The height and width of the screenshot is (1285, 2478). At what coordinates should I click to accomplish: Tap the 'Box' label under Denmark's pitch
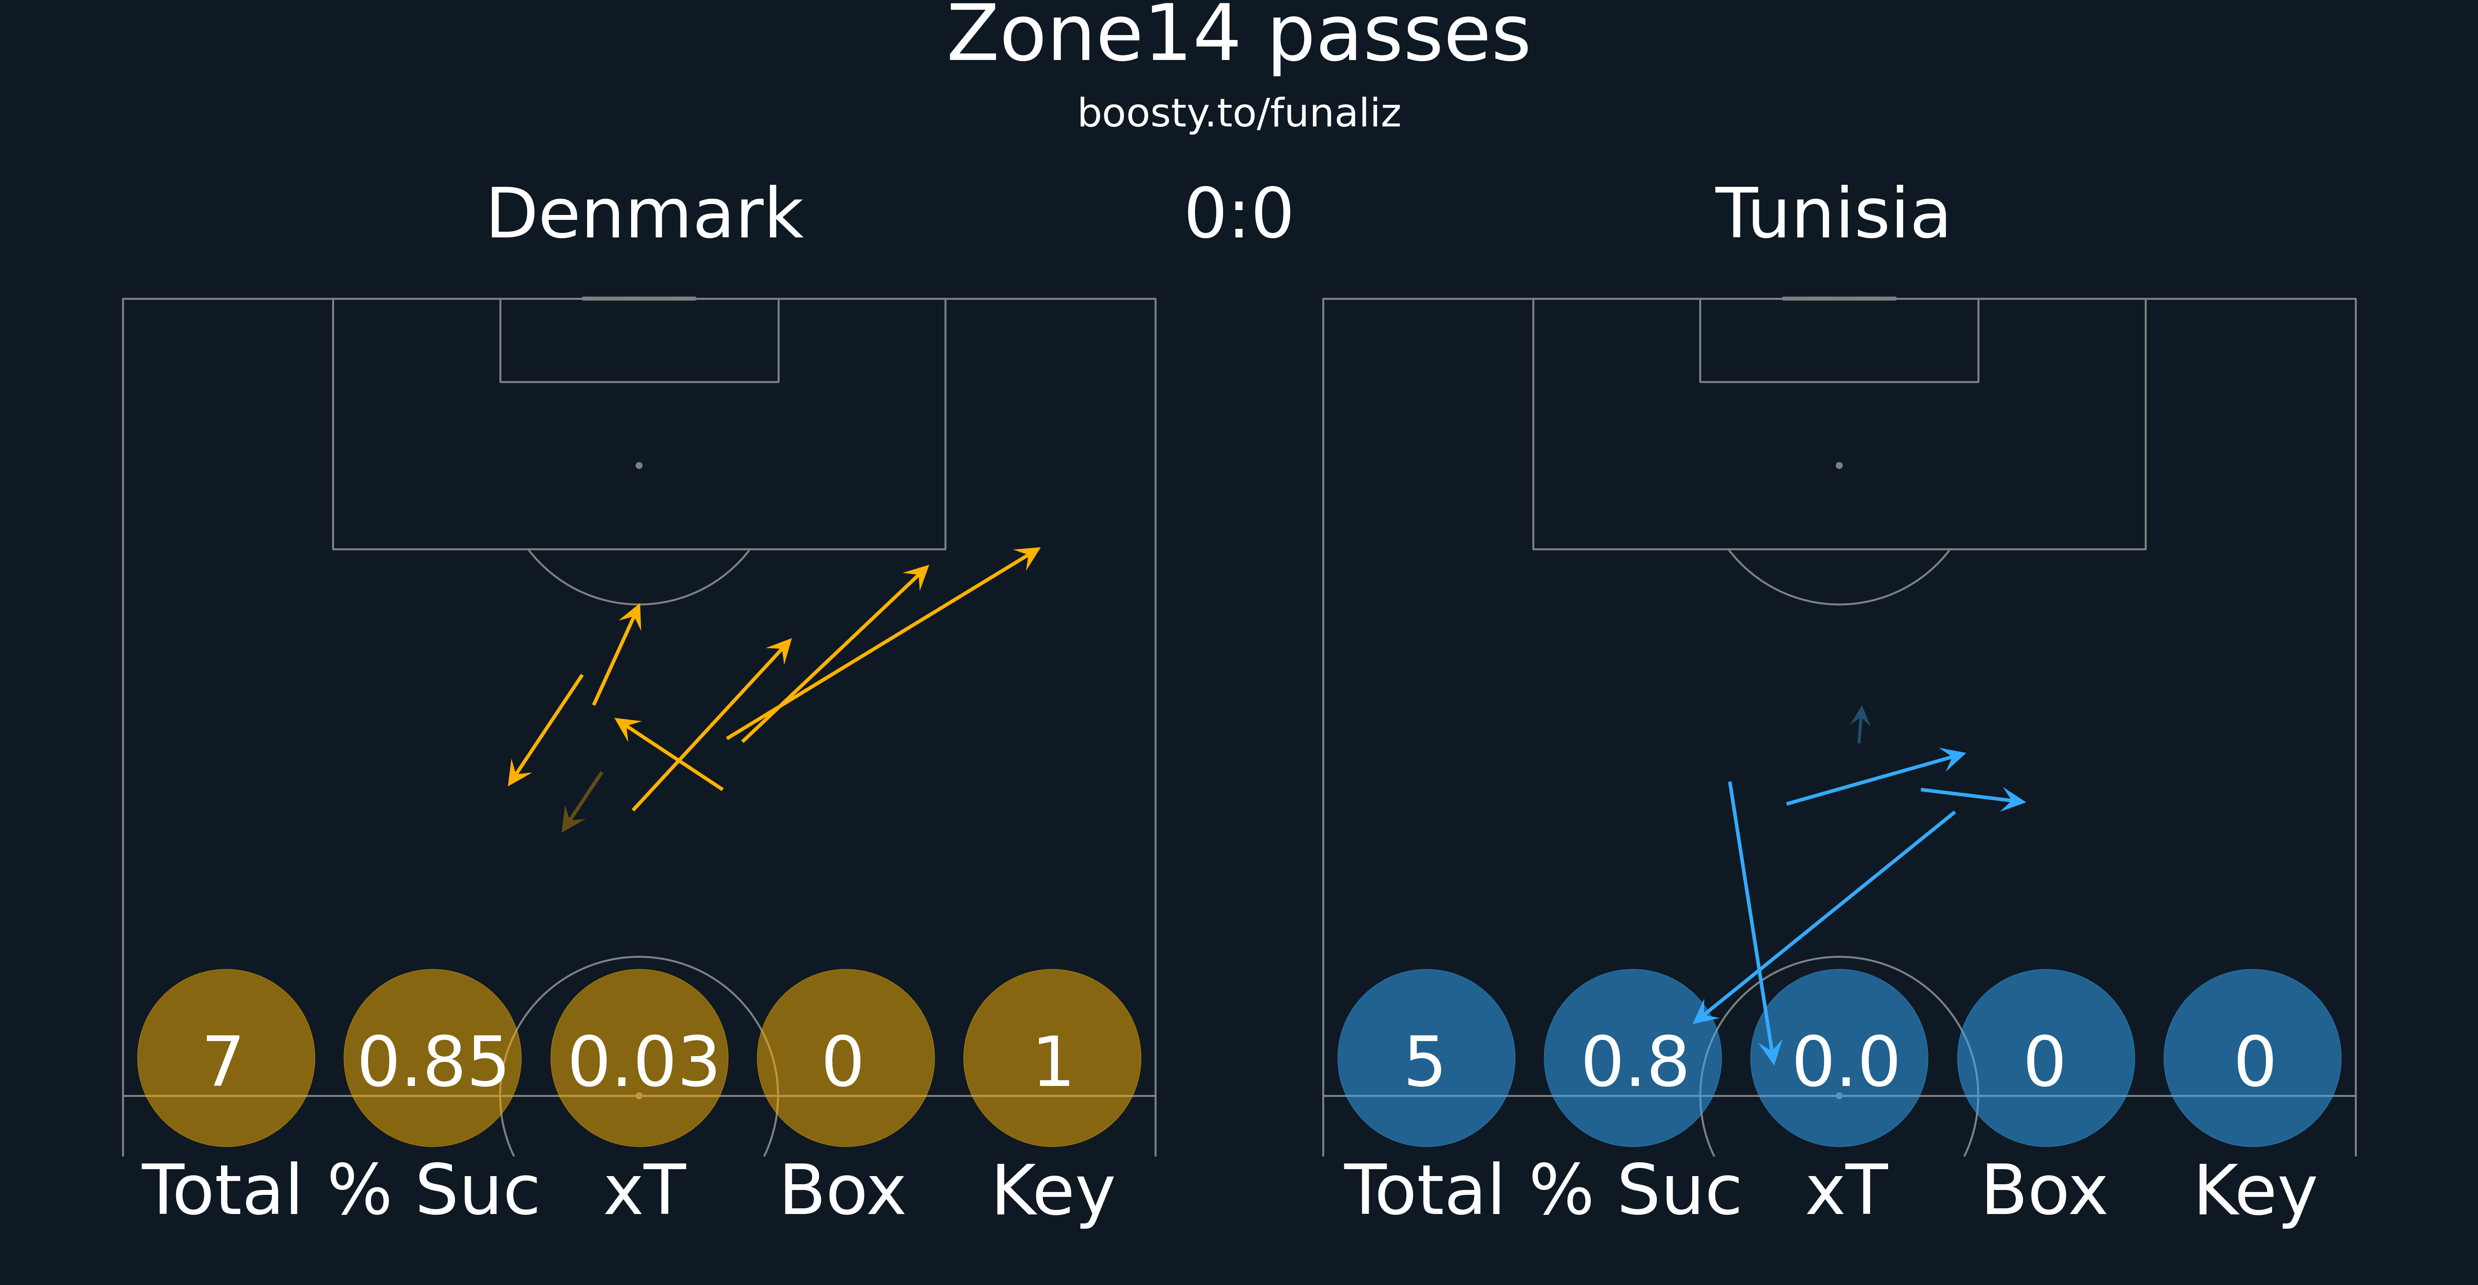tap(843, 1191)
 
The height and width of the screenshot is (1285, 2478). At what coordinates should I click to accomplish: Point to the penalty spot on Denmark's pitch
tap(639, 465)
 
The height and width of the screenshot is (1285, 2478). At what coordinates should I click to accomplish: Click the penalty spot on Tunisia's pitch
tap(1839, 465)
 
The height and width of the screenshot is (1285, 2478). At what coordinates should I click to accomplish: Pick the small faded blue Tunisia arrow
tap(1860, 724)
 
